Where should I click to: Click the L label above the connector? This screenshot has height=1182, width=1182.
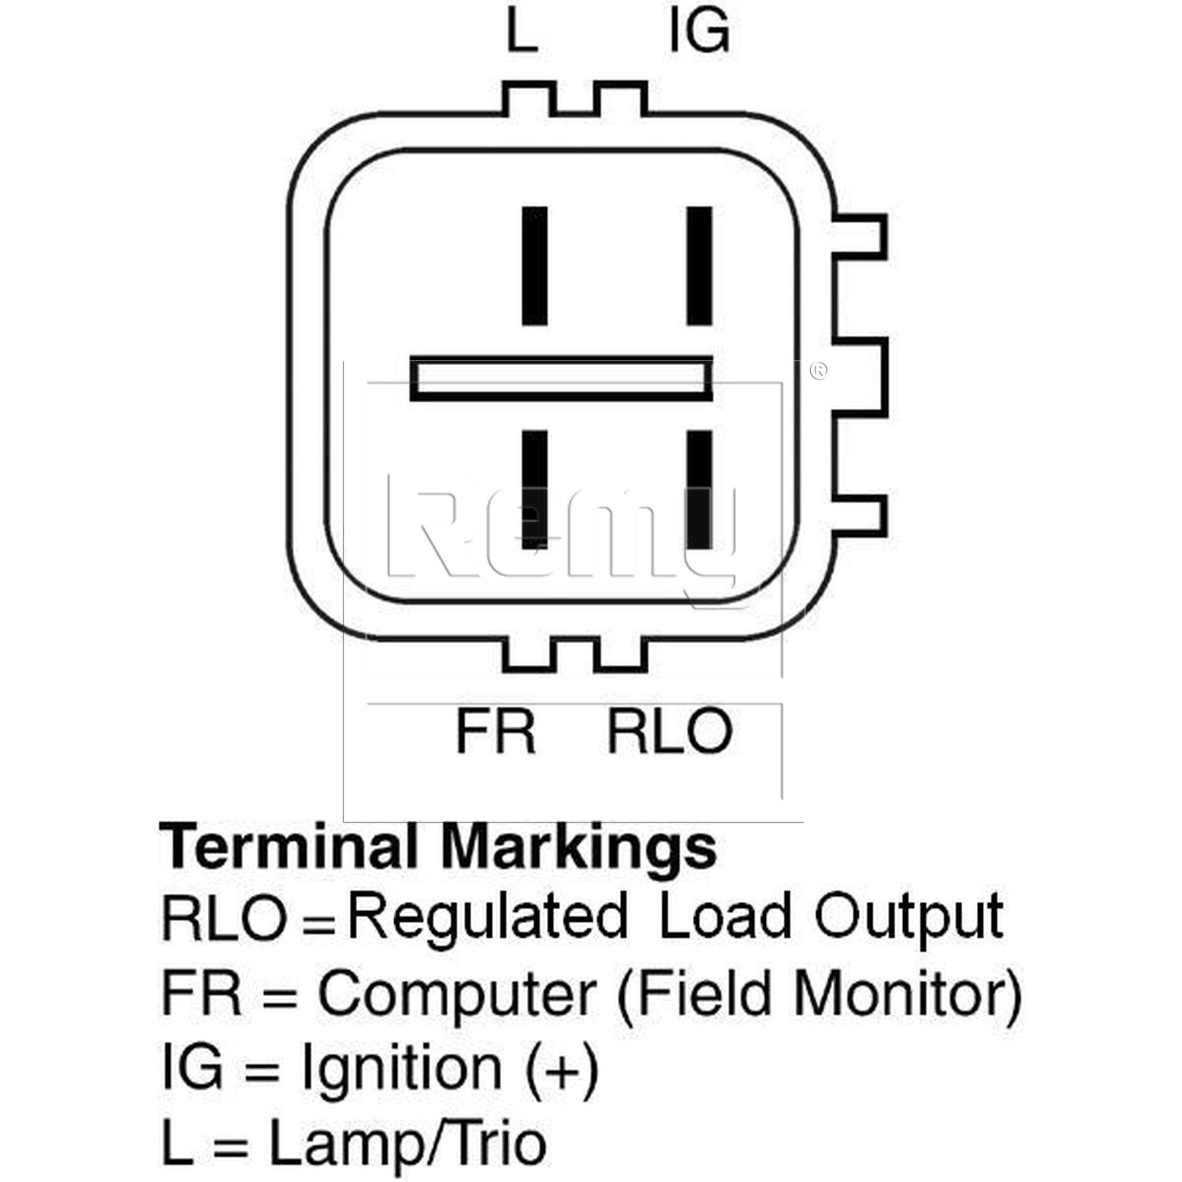[521, 32]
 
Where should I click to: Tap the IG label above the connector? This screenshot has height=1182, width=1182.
[698, 32]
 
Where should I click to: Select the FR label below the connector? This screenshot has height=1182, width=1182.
[495, 730]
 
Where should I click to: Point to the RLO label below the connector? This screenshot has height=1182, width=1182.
[669, 730]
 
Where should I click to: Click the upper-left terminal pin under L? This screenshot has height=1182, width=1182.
[535, 266]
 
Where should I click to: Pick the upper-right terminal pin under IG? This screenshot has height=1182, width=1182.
[700, 266]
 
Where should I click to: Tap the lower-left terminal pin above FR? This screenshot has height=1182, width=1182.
[535, 489]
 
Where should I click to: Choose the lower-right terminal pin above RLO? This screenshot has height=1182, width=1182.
[700, 489]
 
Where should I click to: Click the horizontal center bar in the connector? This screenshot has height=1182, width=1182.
[562, 378]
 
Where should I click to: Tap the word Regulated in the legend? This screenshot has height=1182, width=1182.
[488, 917]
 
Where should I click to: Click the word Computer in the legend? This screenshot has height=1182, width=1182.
[456, 994]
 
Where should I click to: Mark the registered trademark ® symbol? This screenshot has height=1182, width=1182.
[819, 370]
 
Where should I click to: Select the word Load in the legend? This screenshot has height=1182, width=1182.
[724, 917]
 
